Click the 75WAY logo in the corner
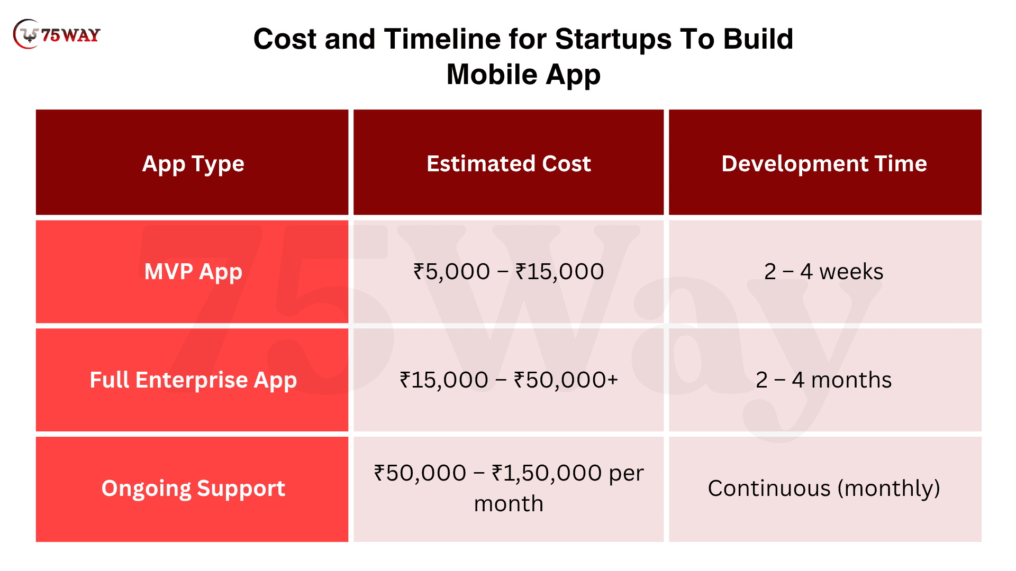tap(57, 34)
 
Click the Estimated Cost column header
tap(509, 163)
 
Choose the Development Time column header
tap(824, 164)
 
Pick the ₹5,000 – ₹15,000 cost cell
tap(509, 272)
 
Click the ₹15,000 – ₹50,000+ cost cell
tap(509, 380)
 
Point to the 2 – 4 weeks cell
tap(824, 272)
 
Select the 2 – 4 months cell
tap(824, 380)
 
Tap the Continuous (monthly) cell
tap(824, 489)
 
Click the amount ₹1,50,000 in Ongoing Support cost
tap(547, 473)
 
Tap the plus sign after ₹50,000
tap(613, 380)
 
